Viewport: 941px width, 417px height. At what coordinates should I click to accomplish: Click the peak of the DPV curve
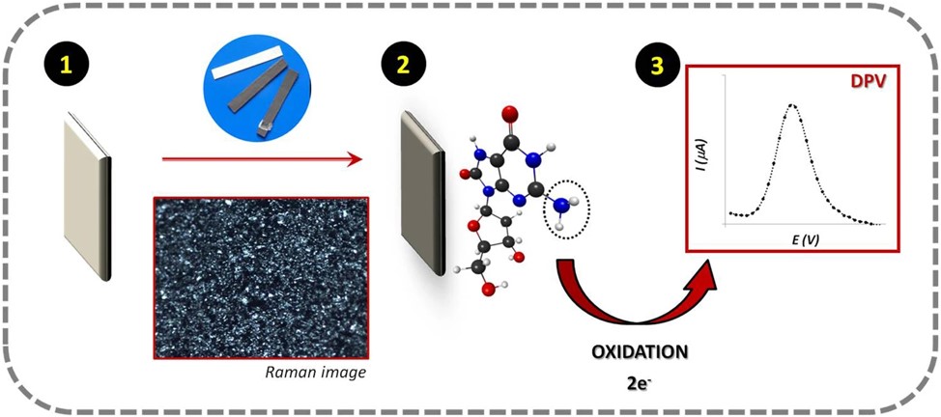coord(793,105)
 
